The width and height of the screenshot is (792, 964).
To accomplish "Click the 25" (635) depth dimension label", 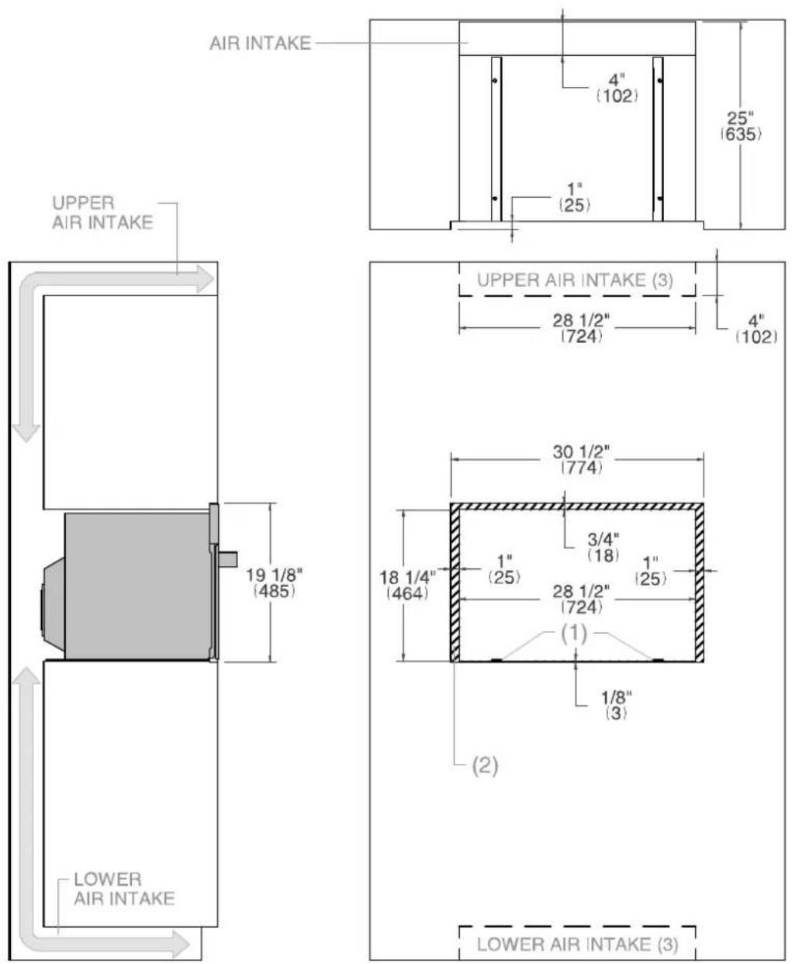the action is pyautogui.click(x=740, y=126).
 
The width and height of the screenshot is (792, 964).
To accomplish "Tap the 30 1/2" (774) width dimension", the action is pyautogui.click(x=581, y=460).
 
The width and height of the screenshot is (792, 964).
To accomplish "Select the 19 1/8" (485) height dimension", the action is pyautogui.click(x=275, y=582).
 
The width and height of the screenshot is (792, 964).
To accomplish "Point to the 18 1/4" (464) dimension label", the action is pyautogui.click(x=407, y=586).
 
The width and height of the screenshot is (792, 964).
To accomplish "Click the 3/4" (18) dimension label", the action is pyautogui.click(x=604, y=547).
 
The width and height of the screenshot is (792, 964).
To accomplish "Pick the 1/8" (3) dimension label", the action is pyautogui.click(x=616, y=705).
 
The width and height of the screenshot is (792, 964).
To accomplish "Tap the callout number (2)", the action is pyautogui.click(x=485, y=765).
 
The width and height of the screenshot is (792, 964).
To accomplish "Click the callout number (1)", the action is pyautogui.click(x=574, y=634).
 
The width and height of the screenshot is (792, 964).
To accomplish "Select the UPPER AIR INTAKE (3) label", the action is pyautogui.click(x=576, y=280).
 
